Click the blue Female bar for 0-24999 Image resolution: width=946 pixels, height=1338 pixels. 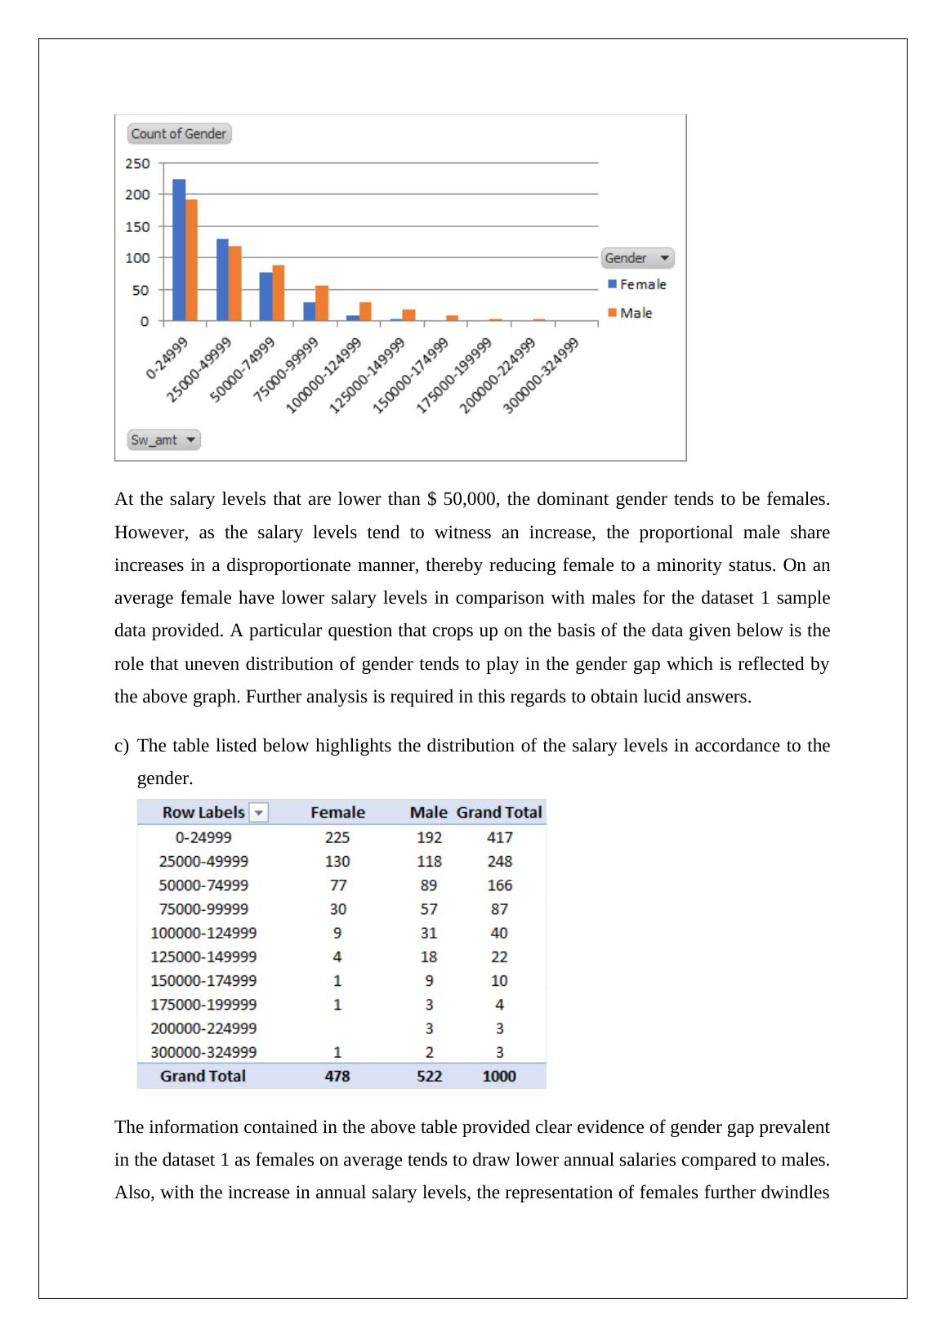(179, 250)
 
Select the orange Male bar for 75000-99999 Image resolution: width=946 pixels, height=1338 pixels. (322, 303)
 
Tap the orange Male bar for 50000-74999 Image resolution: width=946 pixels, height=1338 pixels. (279, 292)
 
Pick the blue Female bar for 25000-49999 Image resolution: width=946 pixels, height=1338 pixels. (222, 279)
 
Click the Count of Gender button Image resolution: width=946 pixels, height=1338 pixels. (179, 134)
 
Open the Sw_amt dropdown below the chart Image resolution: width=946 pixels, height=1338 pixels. (164, 440)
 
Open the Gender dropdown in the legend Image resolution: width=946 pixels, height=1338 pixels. (638, 258)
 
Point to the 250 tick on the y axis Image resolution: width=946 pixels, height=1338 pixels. (137, 163)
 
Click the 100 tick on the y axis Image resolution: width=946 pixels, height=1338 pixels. (137, 258)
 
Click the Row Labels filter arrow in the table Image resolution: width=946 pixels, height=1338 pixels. (259, 813)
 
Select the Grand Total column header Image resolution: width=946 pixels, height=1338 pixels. (499, 813)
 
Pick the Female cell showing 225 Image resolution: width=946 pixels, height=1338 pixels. (337, 837)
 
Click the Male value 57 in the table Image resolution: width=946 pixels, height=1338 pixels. (429, 909)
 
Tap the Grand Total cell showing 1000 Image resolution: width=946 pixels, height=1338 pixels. (499, 1076)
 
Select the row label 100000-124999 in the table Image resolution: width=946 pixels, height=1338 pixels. (203, 933)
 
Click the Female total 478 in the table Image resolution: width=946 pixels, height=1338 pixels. (337, 1076)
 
